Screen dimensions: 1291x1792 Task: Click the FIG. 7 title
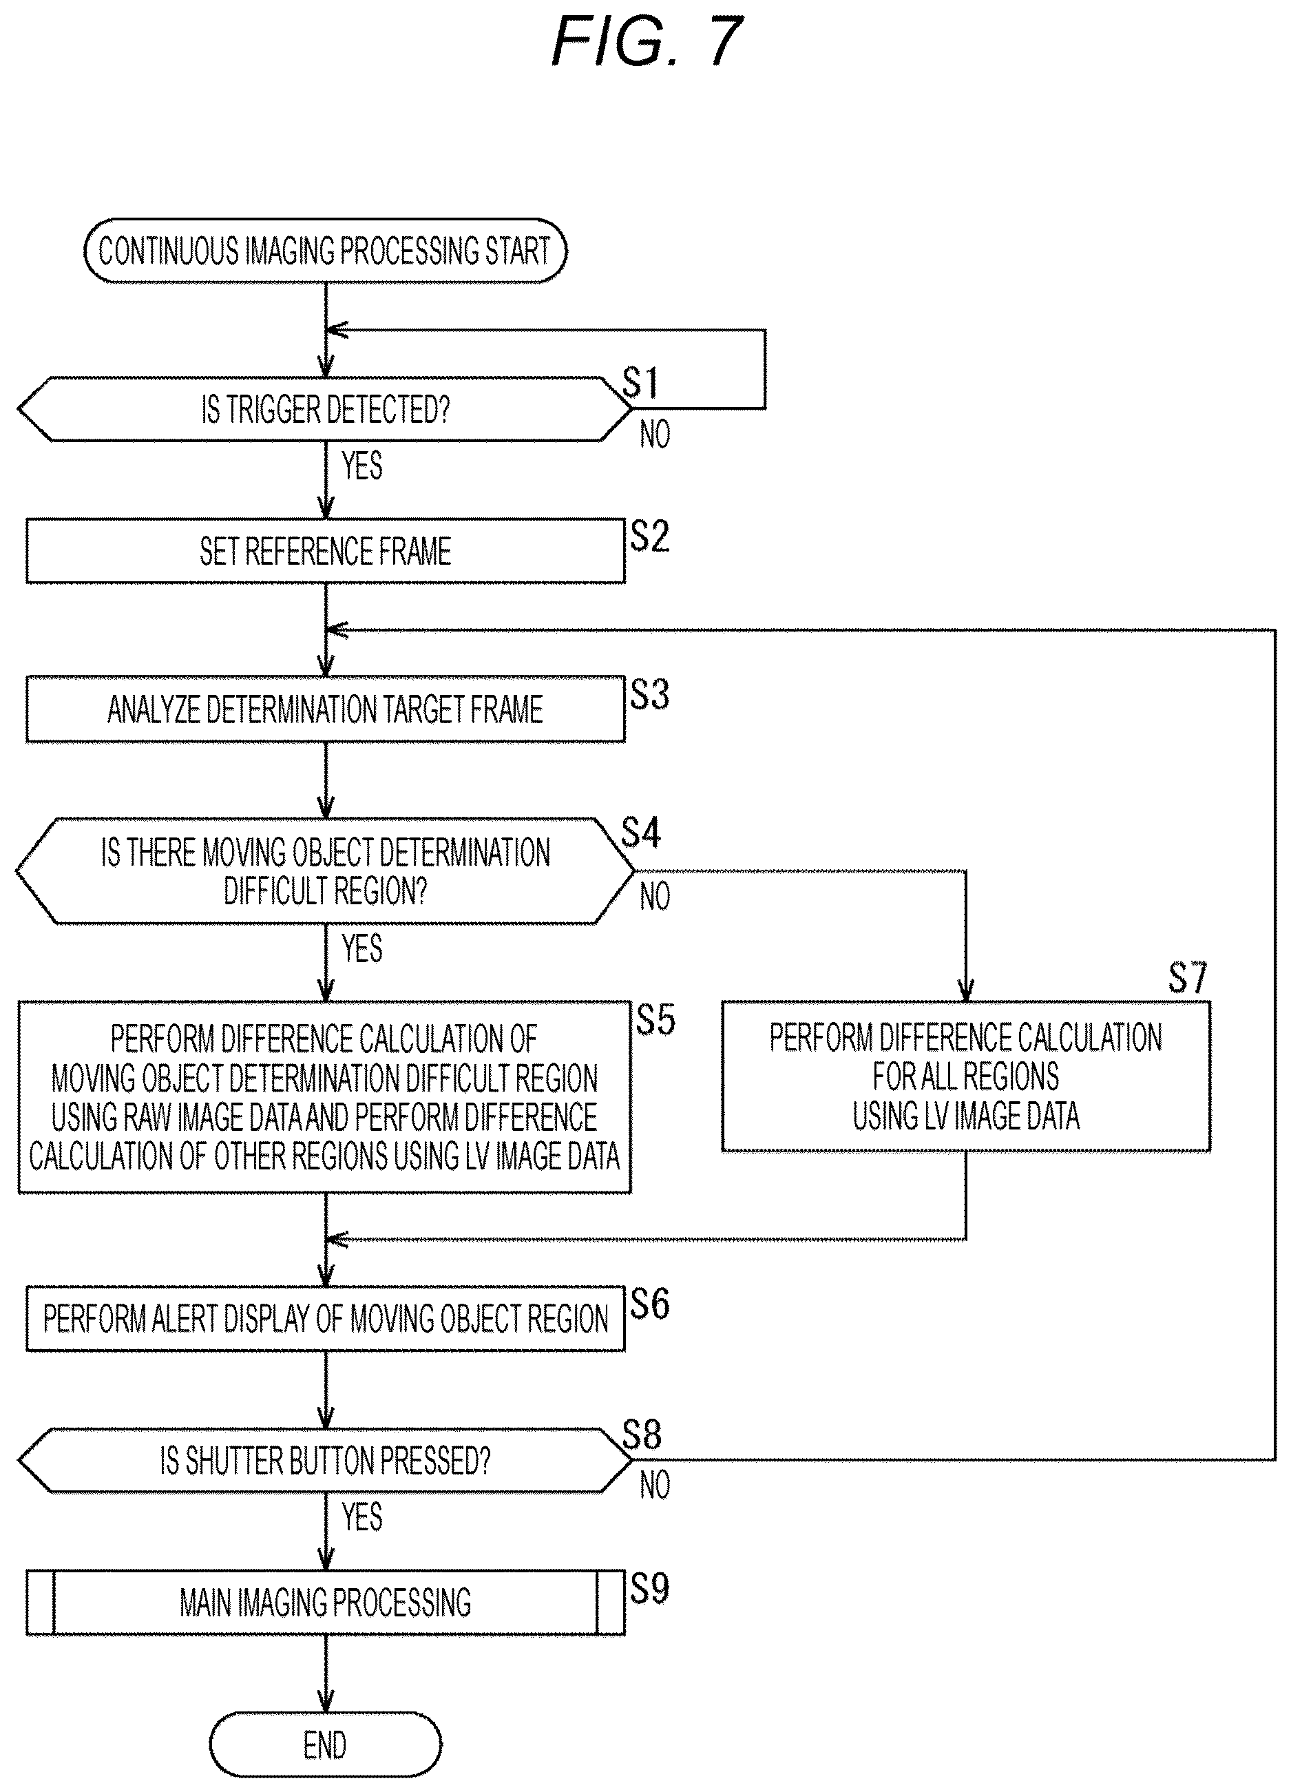647,41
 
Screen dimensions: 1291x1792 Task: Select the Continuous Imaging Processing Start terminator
326,251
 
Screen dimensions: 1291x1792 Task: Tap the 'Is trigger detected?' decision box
325,408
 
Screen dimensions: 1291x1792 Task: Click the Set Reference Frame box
326,551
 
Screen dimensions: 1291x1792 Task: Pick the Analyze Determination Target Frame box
326,709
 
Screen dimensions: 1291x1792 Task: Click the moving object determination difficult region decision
325,871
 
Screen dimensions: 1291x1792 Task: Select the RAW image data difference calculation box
325,1096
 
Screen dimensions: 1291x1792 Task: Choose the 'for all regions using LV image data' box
965,1076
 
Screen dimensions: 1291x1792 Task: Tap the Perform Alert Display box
326,1319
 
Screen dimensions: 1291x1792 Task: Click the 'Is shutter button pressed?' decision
325,1460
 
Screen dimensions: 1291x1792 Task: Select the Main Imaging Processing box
326,1603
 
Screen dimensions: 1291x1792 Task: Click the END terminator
326,1745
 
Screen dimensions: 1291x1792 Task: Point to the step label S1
641,383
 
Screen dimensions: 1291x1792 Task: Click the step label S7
1188,977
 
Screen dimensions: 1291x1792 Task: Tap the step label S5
655,1019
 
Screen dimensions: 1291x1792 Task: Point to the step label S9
649,1588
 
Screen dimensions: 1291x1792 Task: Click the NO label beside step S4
655,896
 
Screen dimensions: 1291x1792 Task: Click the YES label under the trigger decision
362,466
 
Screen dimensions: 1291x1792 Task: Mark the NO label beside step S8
655,1485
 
